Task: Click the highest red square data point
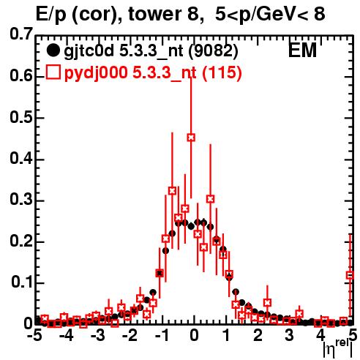point(191,138)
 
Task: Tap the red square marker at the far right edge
point(350,275)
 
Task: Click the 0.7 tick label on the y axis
point(21,34)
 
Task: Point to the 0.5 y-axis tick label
point(21,117)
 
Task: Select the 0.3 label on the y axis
point(21,200)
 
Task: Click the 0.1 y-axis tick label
point(21,282)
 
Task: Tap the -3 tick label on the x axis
point(98,336)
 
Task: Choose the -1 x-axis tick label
point(162,336)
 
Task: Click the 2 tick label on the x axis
point(258,336)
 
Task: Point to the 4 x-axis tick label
point(321,336)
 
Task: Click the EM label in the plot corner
point(302,50)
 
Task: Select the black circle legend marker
point(53,50)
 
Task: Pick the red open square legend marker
point(53,72)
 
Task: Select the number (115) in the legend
point(222,72)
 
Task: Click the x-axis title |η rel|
point(337,349)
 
